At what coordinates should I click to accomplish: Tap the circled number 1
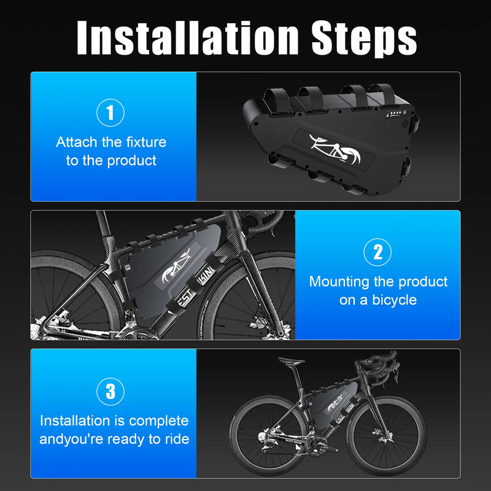point(110,113)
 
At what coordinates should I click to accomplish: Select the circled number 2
point(378,252)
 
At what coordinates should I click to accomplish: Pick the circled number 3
point(110,391)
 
